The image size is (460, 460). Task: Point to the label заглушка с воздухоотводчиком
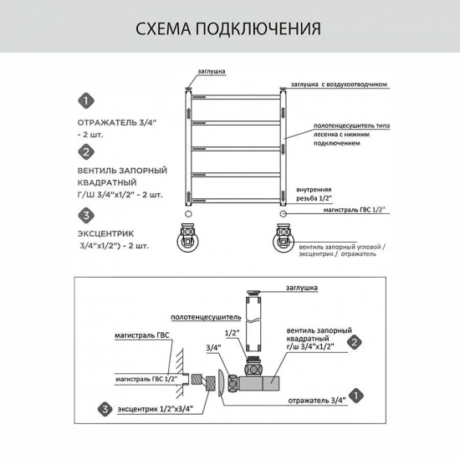340,84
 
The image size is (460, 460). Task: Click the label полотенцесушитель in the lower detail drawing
206,318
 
